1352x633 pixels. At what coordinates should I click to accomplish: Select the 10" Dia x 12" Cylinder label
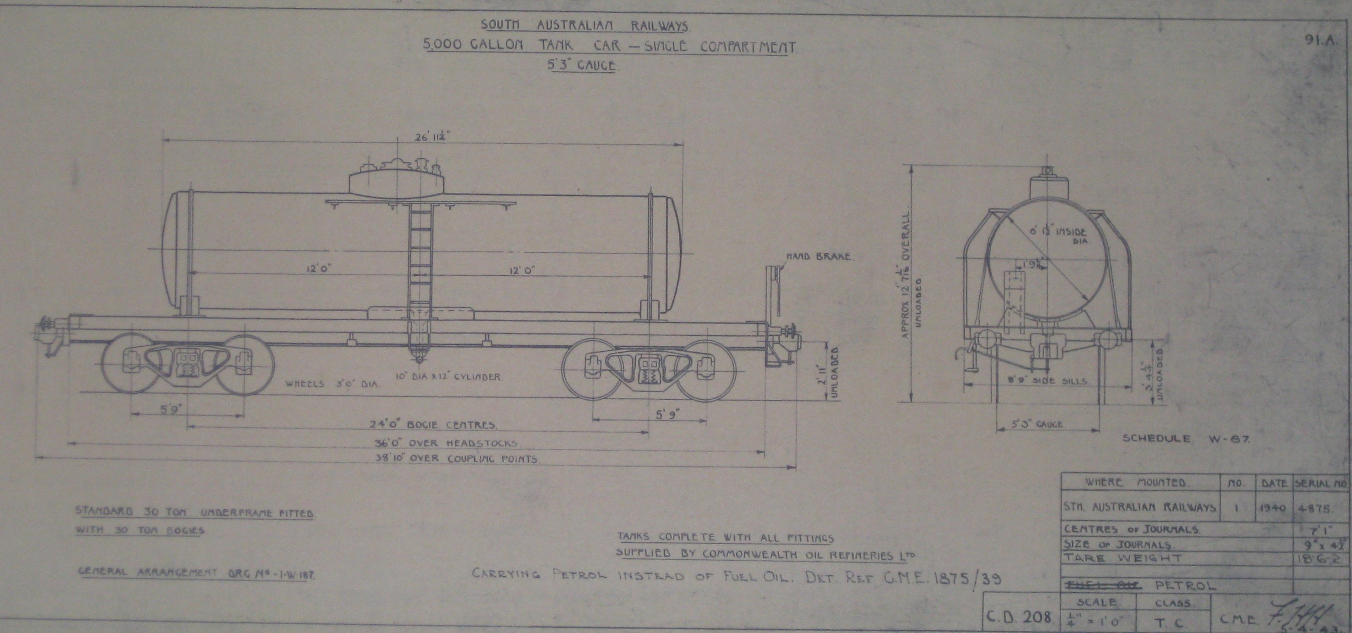[448, 377]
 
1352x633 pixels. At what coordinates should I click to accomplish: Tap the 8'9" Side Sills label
[1046, 381]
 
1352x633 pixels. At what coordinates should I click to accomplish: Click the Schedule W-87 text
[1186, 438]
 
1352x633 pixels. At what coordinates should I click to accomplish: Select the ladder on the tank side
[420, 263]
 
